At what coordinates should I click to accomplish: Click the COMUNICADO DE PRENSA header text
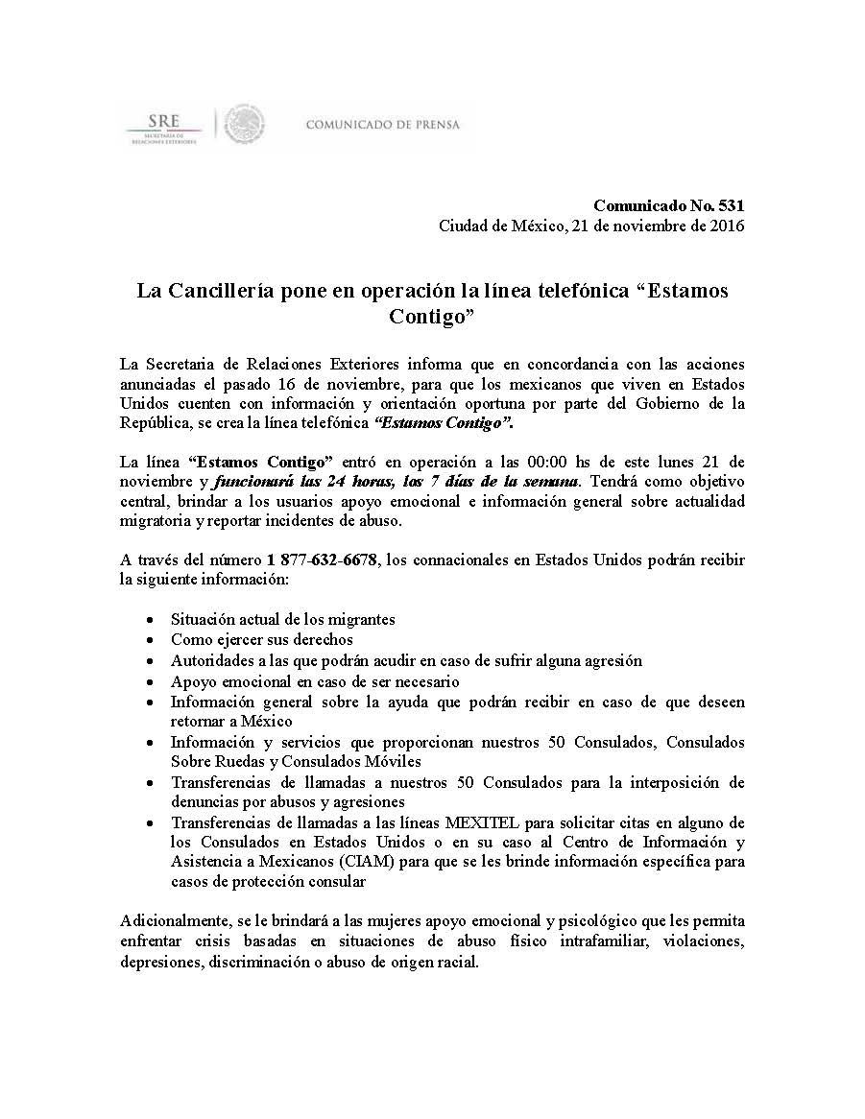[x=382, y=125]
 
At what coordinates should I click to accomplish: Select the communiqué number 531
[x=733, y=205]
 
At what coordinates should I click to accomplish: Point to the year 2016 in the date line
[x=726, y=226]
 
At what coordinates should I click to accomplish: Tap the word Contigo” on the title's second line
[x=432, y=317]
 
